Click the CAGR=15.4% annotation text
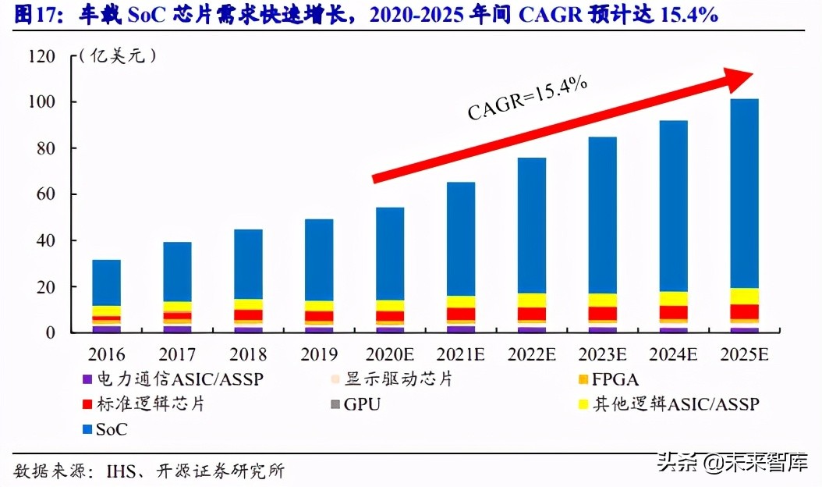click(527, 99)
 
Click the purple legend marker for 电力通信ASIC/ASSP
click(87, 380)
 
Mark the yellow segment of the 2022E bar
click(532, 300)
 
